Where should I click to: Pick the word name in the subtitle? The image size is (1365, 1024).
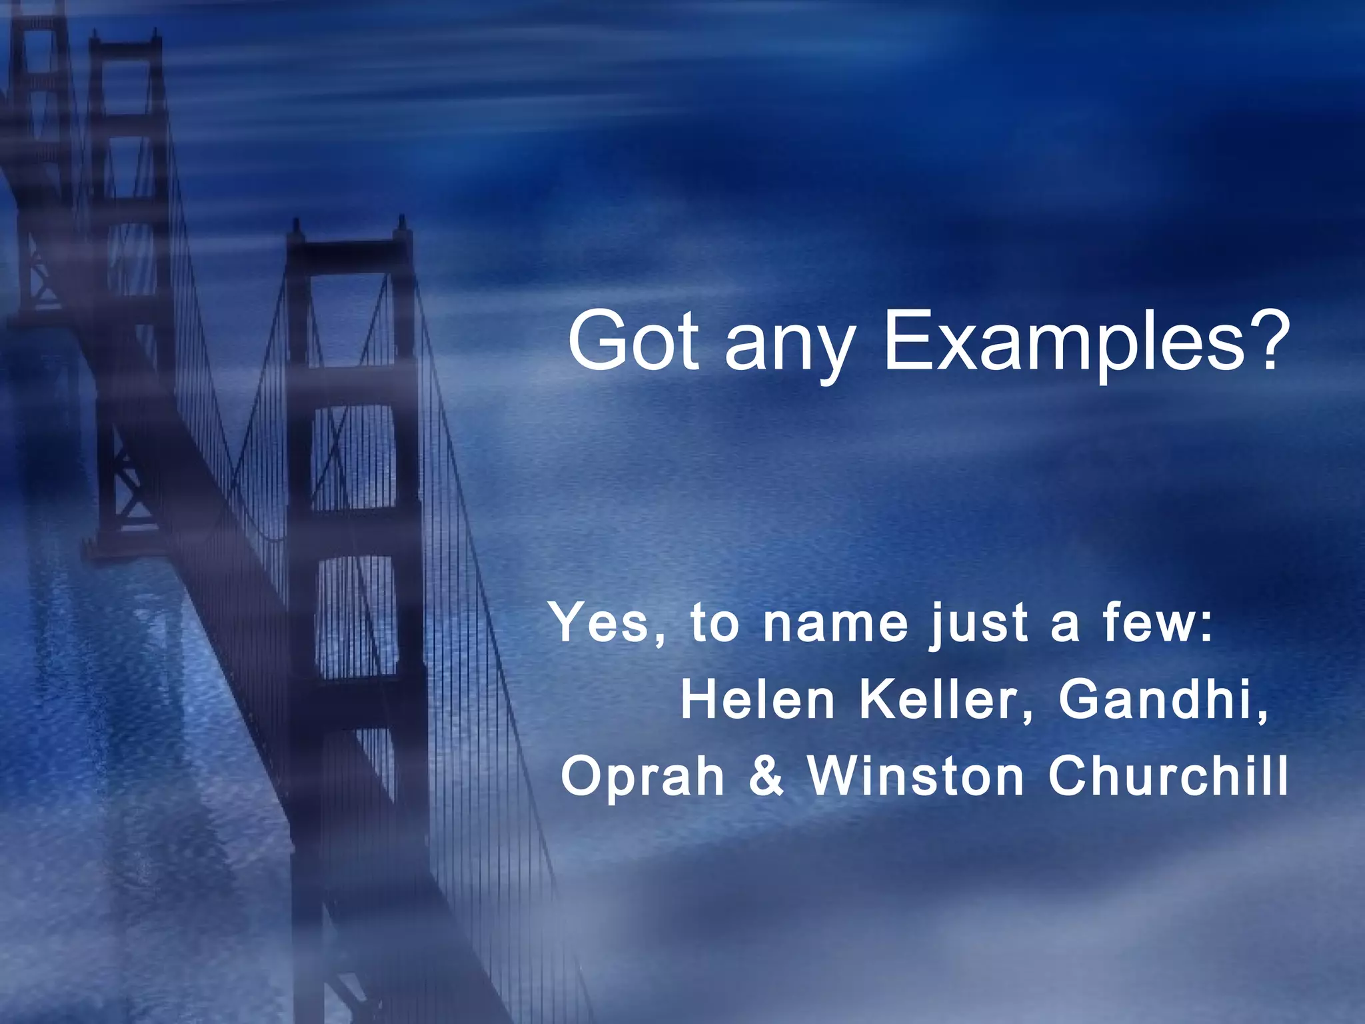point(836,624)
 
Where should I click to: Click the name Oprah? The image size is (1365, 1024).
point(643,777)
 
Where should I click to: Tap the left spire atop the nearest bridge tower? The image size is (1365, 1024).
point(295,230)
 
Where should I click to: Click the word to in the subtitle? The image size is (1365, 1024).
point(715,624)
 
